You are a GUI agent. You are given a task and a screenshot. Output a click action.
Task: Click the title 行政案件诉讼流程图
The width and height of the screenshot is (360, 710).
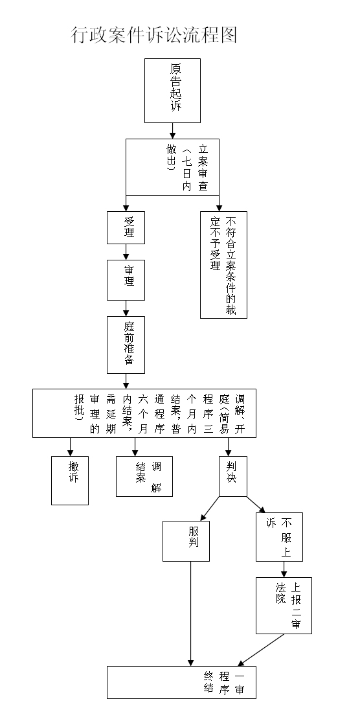pyautogui.click(x=154, y=35)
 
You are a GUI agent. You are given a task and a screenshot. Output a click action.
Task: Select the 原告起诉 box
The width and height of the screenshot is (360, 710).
pyautogui.click(x=172, y=91)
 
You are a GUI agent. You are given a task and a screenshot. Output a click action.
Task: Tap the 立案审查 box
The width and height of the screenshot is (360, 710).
pyautogui.click(x=172, y=167)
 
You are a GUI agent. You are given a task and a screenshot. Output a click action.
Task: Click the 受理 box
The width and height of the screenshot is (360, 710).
pyautogui.click(x=126, y=228)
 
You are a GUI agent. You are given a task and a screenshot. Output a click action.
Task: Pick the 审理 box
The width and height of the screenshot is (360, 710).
pyautogui.click(x=126, y=280)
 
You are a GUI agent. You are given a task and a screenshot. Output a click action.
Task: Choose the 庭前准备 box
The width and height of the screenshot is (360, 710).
pyautogui.click(x=126, y=345)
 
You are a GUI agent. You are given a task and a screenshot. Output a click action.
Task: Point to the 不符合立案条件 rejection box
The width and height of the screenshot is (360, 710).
pyautogui.click(x=223, y=265)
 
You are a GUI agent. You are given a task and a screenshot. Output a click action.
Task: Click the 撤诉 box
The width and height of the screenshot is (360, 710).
pyautogui.click(x=70, y=481)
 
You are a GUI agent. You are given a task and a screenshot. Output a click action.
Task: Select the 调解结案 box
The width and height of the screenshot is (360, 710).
pyautogui.click(x=144, y=476)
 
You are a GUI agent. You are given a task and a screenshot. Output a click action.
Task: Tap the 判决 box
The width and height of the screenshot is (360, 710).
pyautogui.click(x=233, y=476)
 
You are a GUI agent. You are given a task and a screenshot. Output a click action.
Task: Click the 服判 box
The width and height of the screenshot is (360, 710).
pyautogui.click(x=186, y=541)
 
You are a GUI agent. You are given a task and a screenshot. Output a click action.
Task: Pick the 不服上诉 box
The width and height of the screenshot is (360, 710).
pyautogui.click(x=280, y=537)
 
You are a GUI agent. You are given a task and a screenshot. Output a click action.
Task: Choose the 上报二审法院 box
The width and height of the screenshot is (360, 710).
pyautogui.click(x=284, y=606)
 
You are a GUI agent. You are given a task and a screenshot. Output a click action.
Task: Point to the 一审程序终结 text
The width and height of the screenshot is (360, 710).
pyautogui.click(x=224, y=683)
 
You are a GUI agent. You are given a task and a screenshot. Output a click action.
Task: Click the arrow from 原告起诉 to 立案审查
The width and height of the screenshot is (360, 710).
pyautogui.click(x=172, y=131)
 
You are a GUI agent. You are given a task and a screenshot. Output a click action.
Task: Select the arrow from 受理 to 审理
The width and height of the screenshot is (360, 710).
pyautogui.click(x=126, y=252)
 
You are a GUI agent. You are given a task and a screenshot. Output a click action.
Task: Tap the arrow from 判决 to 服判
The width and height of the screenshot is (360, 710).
pyautogui.click(x=210, y=509)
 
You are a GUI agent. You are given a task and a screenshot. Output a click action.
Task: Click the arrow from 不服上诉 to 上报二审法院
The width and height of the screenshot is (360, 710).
pyautogui.click(x=284, y=569)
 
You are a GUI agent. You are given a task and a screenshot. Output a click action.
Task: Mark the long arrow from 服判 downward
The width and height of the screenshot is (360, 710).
pyautogui.click(x=190, y=614)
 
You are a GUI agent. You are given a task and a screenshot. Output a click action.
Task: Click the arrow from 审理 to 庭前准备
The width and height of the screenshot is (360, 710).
pyautogui.click(x=126, y=308)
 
